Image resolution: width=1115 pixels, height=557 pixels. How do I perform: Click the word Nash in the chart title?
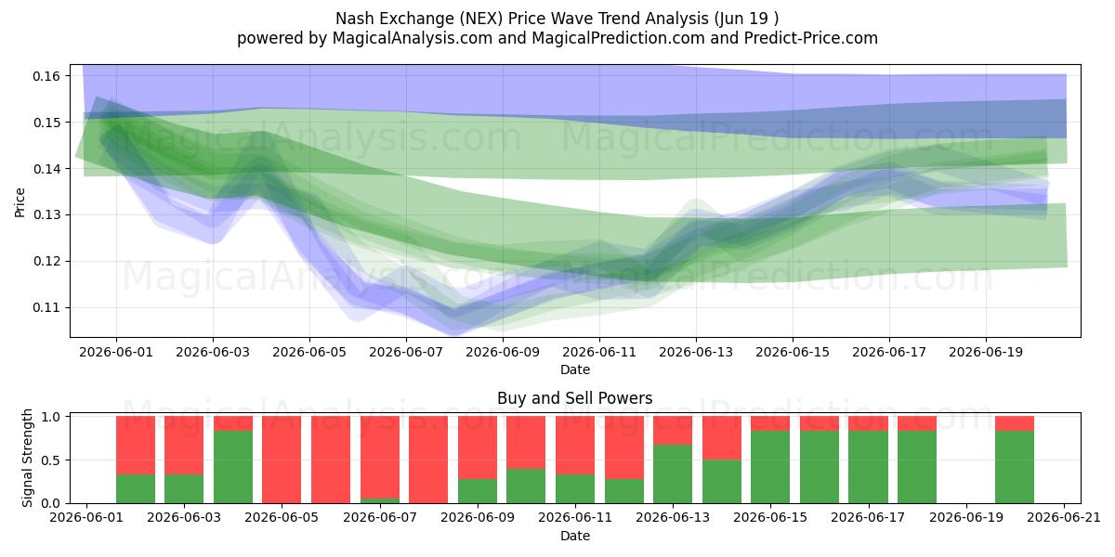point(352,19)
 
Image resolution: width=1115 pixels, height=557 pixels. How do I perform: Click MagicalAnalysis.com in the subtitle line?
point(413,38)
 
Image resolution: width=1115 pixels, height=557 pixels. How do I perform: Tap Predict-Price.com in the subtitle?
point(811,38)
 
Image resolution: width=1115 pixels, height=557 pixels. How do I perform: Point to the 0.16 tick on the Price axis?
point(46,76)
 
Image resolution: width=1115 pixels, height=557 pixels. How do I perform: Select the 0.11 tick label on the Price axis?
point(46,308)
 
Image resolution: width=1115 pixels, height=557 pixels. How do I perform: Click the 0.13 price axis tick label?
point(46,214)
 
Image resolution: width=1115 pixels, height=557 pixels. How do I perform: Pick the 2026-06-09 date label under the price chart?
point(503,352)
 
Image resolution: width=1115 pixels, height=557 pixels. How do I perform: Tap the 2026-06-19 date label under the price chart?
point(986,352)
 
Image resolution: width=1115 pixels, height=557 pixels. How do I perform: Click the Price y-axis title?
point(20,202)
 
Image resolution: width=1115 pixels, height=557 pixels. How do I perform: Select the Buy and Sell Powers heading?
point(575,398)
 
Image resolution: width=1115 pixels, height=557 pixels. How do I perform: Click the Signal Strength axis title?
point(27,458)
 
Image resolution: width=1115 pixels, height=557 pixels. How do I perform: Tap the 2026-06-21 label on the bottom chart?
point(1064,518)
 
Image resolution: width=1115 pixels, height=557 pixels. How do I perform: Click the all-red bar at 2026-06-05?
point(282,460)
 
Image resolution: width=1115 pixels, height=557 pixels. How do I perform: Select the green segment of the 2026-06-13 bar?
point(673,474)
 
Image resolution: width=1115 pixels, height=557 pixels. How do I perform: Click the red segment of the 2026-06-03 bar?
point(184,446)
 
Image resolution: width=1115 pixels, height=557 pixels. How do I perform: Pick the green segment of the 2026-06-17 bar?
point(869,467)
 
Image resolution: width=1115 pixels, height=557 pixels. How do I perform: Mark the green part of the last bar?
point(1015,467)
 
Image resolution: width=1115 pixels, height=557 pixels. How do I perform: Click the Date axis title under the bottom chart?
point(575,536)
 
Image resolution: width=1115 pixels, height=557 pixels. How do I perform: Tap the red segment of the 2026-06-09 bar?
point(478,447)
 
